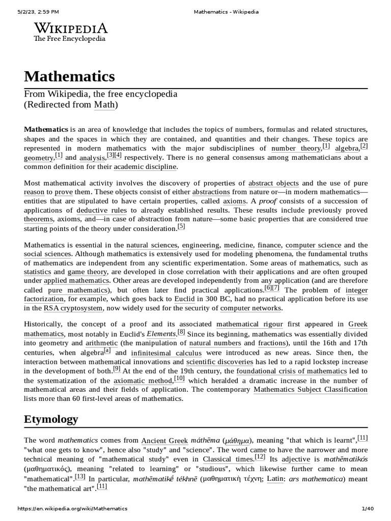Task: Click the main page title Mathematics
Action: pos(70,77)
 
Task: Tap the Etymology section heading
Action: pos(51,420)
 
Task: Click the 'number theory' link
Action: pos(296,149)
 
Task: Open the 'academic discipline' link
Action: pos(145,167)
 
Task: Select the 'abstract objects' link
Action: pos(273,183)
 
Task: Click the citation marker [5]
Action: pos(181,227)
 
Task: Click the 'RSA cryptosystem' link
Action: pos(73,308)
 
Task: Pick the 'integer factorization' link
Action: pos(356,295)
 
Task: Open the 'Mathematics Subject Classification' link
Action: pos(310,390)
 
